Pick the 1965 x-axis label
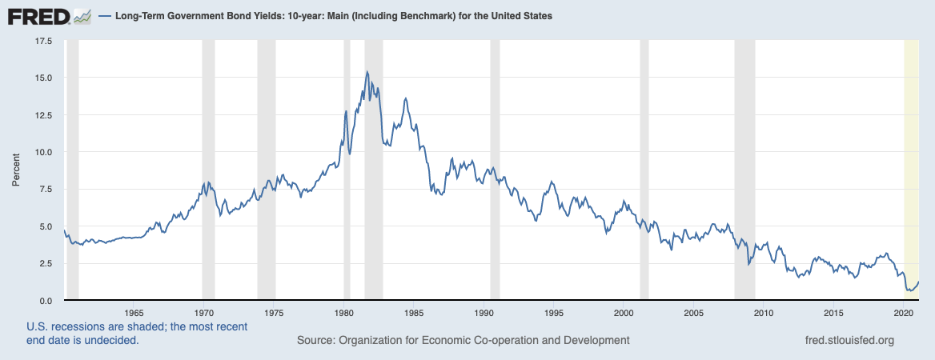pyautogui.click(x=134, y=313)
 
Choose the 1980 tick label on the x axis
pyautogui.click(x=343, y=313)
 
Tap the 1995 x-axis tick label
pyautogui.click(x=553, y=313)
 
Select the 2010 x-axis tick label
pyautogui.click(x=763, y=313)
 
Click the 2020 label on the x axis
pyautogui.click(x=903, y=313)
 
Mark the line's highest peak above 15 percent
pyautogui.click(x=367, y=72)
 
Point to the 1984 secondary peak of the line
pyautogui.click(x=406, y=98)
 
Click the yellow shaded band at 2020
pyautogui.click(x=911, y=160)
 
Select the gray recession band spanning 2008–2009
pyautogui.click(x=744, y=160)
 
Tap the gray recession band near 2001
pyautogui.click(x=644, y=160)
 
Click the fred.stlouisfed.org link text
pyautogui.click(x=849, y=341)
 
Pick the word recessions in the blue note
pyautogui.click(x=72, y=327)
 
